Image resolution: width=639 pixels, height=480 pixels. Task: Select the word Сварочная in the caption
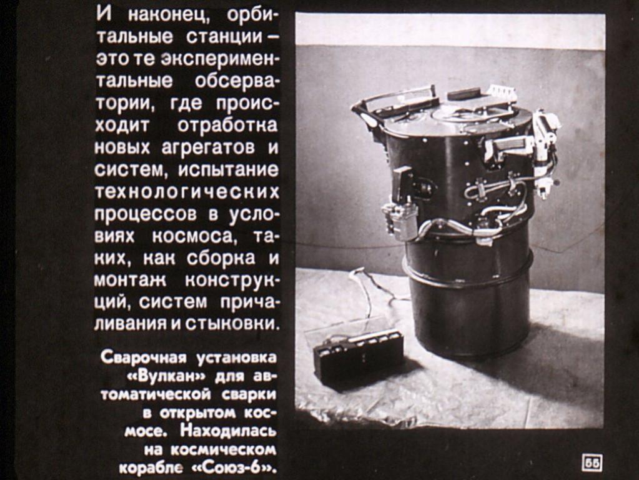click(x=143, y=357)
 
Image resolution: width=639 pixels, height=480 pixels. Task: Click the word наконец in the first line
click(x=170, y=16)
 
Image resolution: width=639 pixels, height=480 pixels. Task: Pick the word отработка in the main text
click(x=227, y=125)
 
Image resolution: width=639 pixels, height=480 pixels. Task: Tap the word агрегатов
click(x=208, y=147)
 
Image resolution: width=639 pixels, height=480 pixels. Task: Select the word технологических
click(x=187, y=192)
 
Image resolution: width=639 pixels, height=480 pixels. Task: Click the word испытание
click(x=228, y=170)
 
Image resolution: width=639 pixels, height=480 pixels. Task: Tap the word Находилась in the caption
click(x=228, y=431)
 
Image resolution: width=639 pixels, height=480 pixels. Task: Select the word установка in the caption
click(x=236, y=357)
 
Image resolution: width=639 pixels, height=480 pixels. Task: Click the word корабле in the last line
click(x=151, y=467)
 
